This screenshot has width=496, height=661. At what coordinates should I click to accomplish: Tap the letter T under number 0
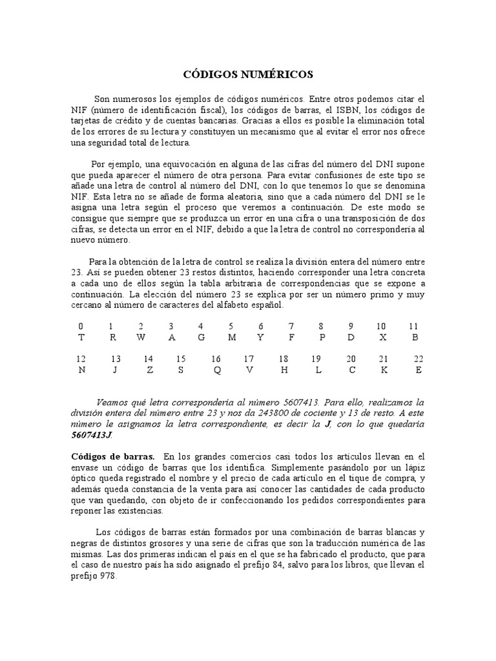pos(81,337)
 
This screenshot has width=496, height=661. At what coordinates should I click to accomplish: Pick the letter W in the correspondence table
pos(141,337)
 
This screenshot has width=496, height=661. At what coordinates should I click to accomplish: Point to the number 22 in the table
pos(418,359)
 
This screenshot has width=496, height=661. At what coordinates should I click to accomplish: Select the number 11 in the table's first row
pos(414,326)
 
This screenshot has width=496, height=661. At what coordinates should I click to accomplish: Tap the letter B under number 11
pos(415,337)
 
